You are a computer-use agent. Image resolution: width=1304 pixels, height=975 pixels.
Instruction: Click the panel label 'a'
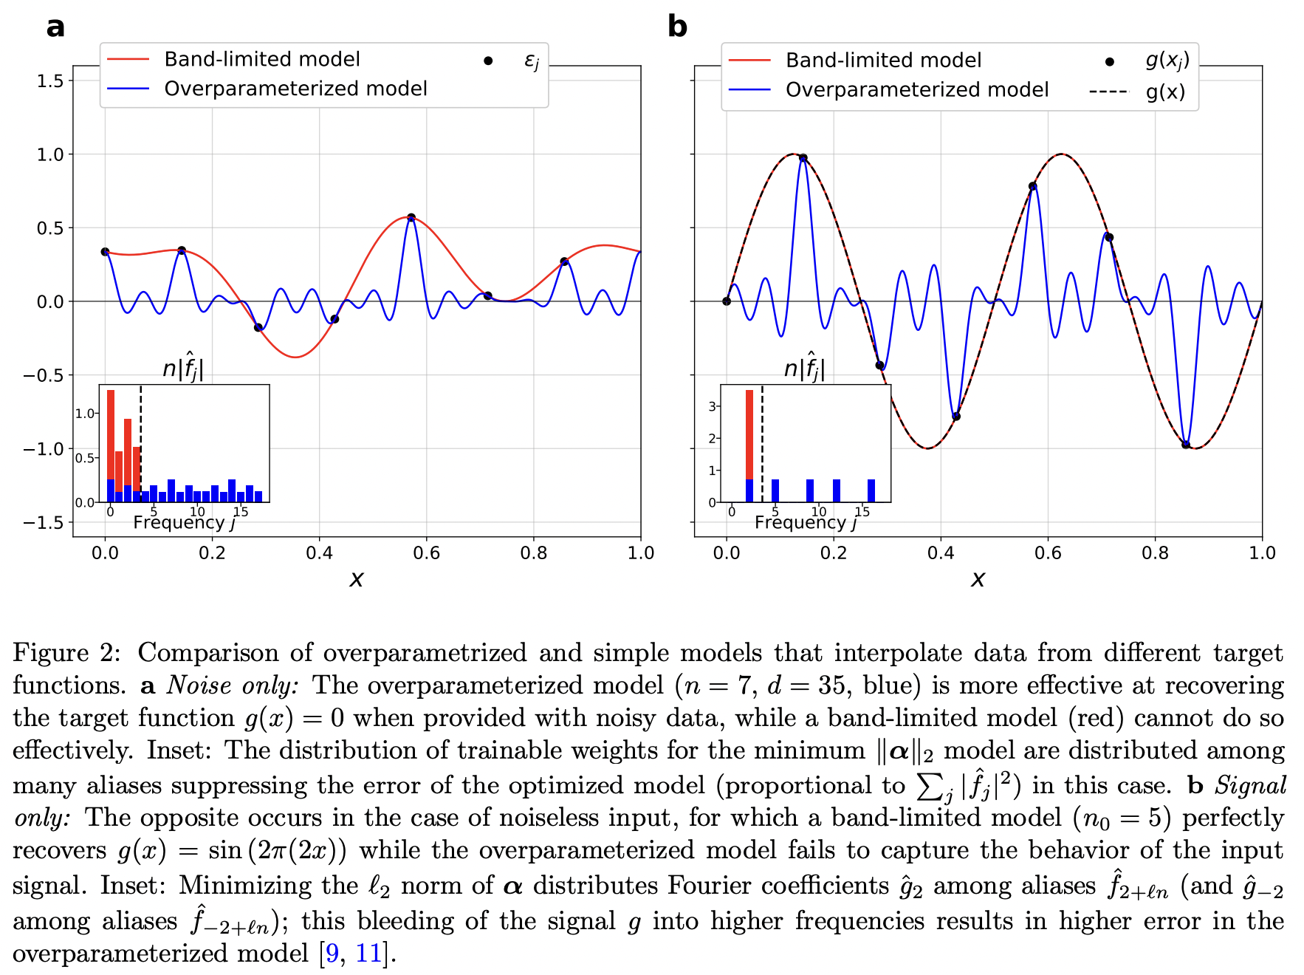pos(55,27)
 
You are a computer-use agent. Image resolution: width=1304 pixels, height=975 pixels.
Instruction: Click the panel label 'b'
pos(676,27)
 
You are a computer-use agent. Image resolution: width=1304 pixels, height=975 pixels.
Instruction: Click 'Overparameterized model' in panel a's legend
pos(295,89)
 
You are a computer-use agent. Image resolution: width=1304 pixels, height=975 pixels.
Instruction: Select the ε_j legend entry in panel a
pos(531,60)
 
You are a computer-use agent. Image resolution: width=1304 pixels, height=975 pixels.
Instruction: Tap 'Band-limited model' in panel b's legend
pos(883,60)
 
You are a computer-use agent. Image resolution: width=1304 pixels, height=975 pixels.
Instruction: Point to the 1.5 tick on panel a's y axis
pos(50,81)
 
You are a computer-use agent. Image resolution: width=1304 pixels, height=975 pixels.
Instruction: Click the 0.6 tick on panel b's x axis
pos(1048,552)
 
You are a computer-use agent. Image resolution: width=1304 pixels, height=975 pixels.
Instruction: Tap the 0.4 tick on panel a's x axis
pos(319,552)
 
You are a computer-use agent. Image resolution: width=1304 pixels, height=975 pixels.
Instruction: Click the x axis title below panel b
pos(978,579)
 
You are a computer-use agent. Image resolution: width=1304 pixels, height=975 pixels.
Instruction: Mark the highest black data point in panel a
pos(411,218)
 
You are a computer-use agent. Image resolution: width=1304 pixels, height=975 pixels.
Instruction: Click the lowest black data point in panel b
pos(1186,445)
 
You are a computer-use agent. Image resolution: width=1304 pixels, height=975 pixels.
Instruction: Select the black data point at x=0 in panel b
pos(727,301)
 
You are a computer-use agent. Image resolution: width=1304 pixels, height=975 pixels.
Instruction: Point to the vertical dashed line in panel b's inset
pos(762,443)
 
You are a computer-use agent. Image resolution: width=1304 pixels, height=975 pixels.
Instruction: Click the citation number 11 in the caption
pos(368,954)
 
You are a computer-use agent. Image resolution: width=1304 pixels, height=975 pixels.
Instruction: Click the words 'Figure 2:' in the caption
pos(66,653)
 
